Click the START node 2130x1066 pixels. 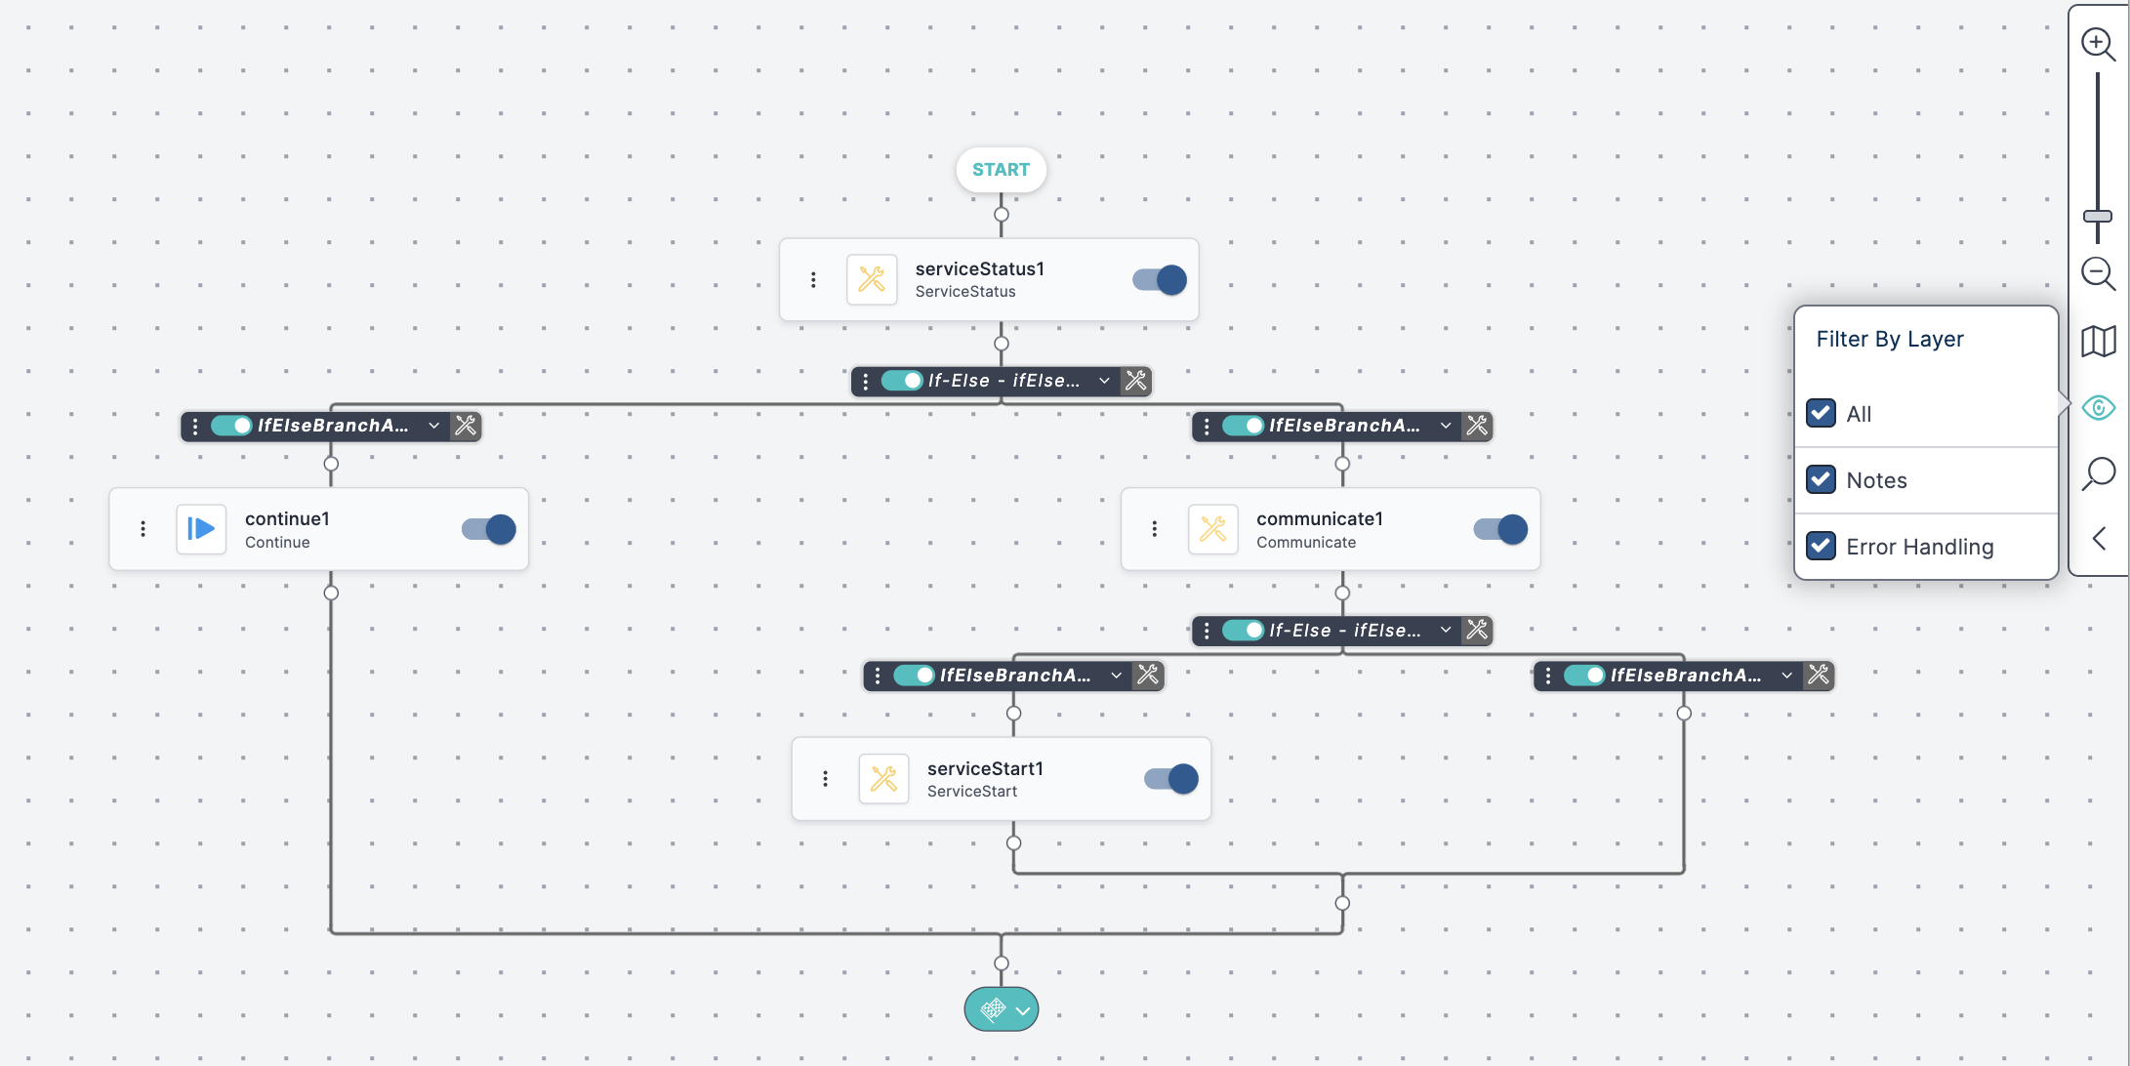[1001, 170]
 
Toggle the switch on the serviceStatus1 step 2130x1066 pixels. [1160, 280]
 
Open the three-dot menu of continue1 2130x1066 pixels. [143, 529]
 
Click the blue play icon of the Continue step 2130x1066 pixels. [201, 529]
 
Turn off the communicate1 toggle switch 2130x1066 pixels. [1500, 529]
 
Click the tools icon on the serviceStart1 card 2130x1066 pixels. [883, 779]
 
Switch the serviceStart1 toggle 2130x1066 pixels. [1171, 779]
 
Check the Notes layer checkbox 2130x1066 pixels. [1821, 479]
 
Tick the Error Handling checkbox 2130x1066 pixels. [1821, 546]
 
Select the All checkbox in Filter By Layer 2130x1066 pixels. [1821, 413]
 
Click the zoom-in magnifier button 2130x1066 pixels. [2097, 44]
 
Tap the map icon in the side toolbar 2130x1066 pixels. [2098, 341]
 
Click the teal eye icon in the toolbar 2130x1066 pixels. [2098, 407]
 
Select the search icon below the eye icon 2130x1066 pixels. [2098, 473]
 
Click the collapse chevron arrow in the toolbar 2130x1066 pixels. [2099, 539]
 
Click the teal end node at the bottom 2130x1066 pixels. [1001, 1009]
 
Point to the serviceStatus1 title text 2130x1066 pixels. [979, 269]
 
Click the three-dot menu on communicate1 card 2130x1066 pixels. [1155, 529]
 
